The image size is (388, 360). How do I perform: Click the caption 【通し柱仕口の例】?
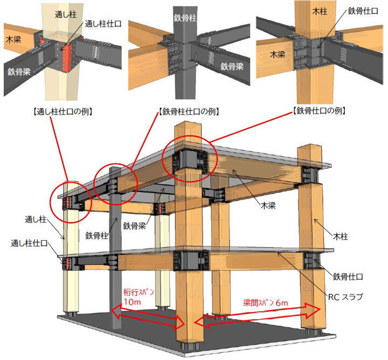click(63, 112)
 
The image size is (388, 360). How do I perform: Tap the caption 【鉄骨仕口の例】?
click(319, 110)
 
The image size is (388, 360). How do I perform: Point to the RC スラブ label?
click(345, 296)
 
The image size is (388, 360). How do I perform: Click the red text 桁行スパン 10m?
click(139, 296)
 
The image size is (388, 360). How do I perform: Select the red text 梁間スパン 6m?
click(266, 303)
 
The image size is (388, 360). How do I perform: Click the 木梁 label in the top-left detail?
click(13, 39)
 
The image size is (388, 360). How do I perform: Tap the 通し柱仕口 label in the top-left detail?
click(103, 24)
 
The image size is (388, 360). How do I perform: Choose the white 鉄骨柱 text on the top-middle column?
click(185, 18)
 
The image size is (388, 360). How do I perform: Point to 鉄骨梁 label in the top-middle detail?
click(232, 66)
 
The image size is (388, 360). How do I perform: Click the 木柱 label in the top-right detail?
click(320, 11)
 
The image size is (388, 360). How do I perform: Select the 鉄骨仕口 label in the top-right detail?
click(363, 11)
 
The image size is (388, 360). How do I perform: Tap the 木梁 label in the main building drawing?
click(268, 205)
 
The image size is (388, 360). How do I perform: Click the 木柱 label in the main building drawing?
click(340, 236)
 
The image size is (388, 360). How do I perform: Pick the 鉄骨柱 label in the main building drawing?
click(97, 236)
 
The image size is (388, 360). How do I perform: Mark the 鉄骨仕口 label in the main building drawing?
click(348, 276)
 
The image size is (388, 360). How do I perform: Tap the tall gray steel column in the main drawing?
click(115, 247)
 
